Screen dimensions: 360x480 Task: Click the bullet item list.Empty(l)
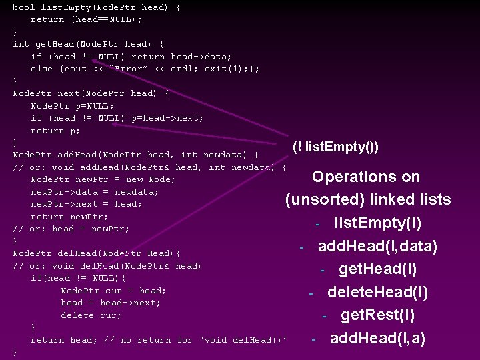click(x=377, y=223)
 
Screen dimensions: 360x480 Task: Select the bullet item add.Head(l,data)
click(x=377, y=246)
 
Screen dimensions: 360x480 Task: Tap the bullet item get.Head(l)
click(x=377, y=269)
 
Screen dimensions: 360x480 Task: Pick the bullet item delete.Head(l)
click(x=377, y=292)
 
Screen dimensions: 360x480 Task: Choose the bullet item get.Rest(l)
click(x=377, y=315)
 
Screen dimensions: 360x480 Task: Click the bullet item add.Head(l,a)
click(x=377, y=338)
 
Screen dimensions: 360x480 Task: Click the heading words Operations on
click(x=366, y=177)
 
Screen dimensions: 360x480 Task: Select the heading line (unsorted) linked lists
click(x=367, y=199)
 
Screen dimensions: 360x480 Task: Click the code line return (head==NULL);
click(x=86, y=19)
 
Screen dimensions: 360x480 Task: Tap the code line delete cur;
click(x=91, y=315)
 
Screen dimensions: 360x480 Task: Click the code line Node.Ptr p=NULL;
click(x=72, y=106)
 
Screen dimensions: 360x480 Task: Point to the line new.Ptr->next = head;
click(x=86, y=204)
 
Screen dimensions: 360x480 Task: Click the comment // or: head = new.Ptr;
click(x=71, y=229)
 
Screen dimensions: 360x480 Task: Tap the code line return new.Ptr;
click(x=69, y=217)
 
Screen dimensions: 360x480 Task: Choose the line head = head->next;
click(x=111, y=303)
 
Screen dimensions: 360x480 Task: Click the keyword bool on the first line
click(x=23, y=7)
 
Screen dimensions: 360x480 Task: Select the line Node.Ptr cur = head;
click(x=113, y=291)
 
